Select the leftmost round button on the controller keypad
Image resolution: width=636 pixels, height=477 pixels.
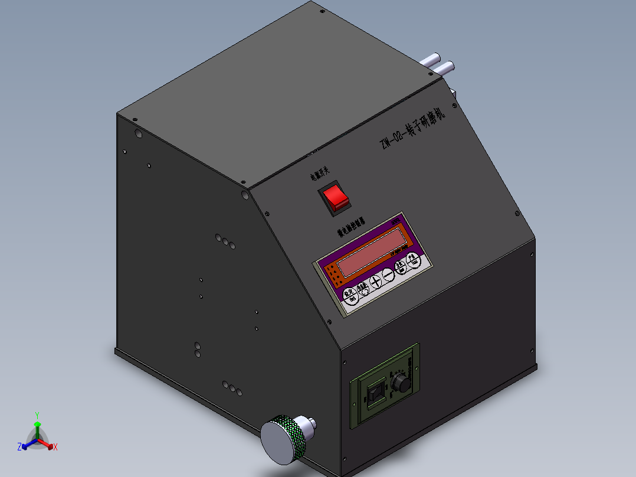point(350,293)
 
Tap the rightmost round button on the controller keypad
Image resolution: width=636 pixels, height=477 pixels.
point(415,262)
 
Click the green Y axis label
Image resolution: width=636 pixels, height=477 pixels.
point(37,414)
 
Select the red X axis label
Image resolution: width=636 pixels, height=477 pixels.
point(55,447)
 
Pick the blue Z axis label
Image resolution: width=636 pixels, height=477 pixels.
point(19,447)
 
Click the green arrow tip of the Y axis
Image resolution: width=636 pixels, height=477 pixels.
point(37,424)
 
